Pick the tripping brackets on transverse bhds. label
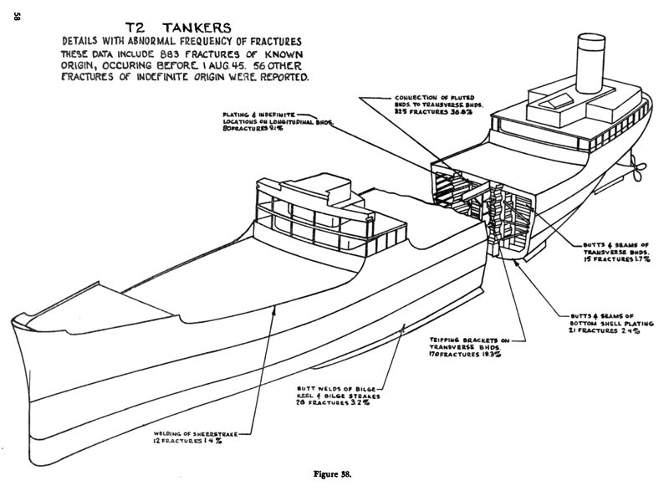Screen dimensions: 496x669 471,347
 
